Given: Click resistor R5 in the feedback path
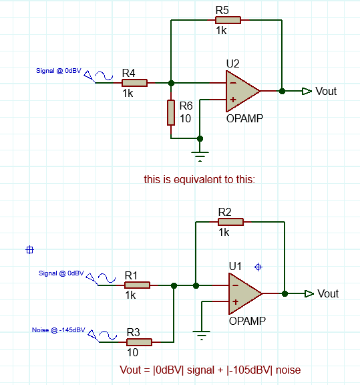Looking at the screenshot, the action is pyautogui.click(x=228, y=20).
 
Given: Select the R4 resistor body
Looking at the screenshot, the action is pyautogui.click(x=134, y=83).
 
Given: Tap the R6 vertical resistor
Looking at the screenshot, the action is pyautogui.click(x=171, y=112).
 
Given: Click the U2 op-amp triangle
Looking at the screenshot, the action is pyautogui.click(x=242, y=91).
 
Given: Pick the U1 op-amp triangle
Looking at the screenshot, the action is pyautogui.click(x=245, y=293).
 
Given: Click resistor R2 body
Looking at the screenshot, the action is pyautogui.click(x=230, y=222).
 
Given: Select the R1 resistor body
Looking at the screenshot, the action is pyautogui.click(x=137, y=285).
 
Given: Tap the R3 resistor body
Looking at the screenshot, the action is pyautogui.click(x=139, y=342).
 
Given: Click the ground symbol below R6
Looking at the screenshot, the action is pyautogui.click(x=200, y=156).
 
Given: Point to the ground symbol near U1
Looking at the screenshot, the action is pyautogui.click(x=202, y=336).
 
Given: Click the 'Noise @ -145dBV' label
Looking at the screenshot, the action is pyautogui.click(x=59, y=330).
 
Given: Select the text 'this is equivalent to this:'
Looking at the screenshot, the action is pyautogui.click(x=200, y=180).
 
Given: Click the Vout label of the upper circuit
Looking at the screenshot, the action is pyautogui.click(x=326, y=91).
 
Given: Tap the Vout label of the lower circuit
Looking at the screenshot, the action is pyautogui.click(x=328, y=293).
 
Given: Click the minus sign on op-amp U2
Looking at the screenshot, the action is pyautogui.click(x=233, y=83).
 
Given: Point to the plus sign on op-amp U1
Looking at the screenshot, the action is pyautogui.click(x=235, y=302).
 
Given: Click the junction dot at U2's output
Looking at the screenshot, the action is pyautogui.click(x=283, y=91).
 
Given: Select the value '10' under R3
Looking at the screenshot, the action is pyautogui.click(x=132, y=353).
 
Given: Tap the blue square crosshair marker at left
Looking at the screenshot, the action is pyautogui.click(x=29, y=250).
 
